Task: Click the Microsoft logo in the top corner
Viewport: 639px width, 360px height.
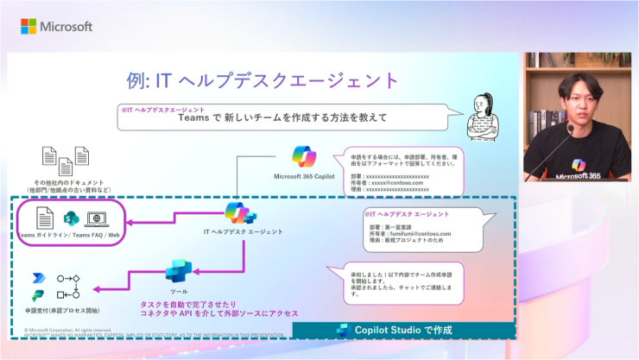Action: tap(56, 26)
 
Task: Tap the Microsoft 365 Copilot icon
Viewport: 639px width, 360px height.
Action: tap(304, 156)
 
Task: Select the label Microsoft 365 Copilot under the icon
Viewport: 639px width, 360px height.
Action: tap(303, 176)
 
